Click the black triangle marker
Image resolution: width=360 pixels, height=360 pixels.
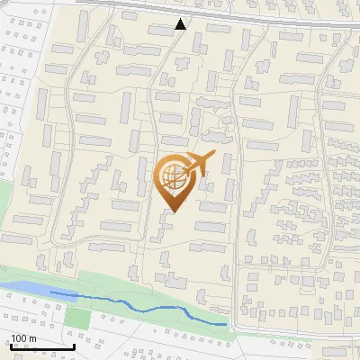click(x=181, y=24)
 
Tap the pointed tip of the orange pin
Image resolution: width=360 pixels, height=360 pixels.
click(x=174, y=212)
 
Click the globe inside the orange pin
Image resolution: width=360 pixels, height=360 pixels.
click(x=174, y=179)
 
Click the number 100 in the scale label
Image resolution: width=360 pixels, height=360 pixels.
click(x=18, y=338)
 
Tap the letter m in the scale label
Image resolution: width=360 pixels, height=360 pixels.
click(x=31, y=338)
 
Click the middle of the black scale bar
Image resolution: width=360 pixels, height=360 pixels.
click(x=41, y=346)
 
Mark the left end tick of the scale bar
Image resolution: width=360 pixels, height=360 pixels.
click(x=10, y=346)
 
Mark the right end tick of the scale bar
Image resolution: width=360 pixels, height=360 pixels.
click(x=74, y=346)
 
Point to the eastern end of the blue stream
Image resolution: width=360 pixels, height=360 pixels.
click(x=225, y=323)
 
